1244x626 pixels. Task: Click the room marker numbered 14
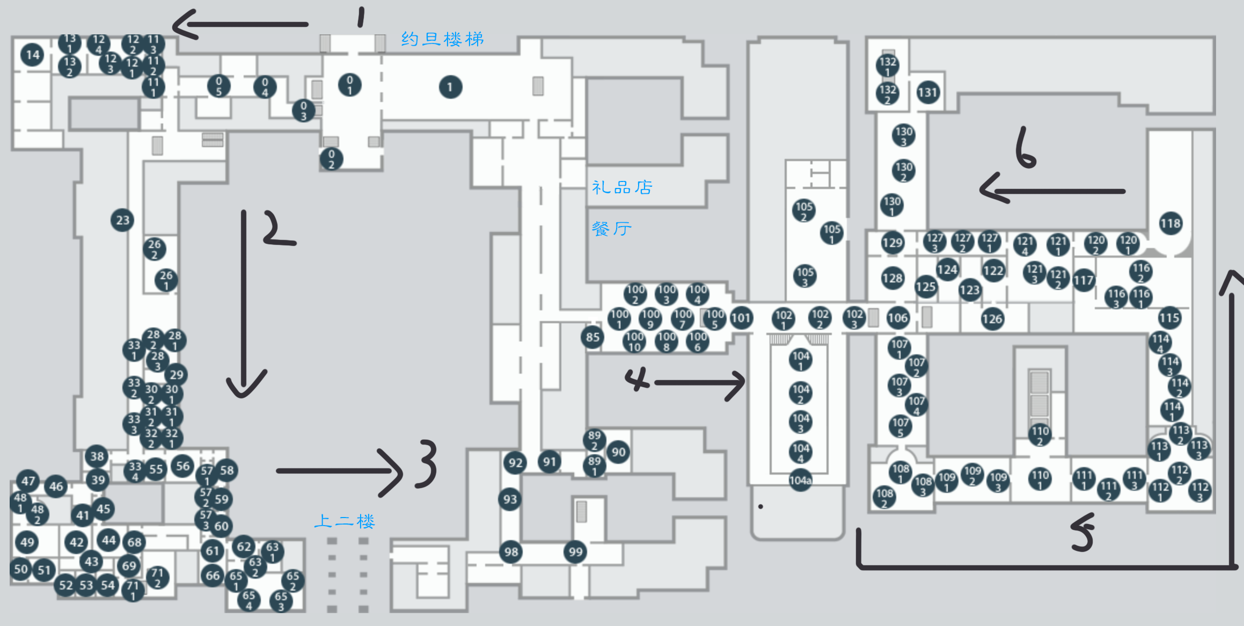click(x=32, y=55)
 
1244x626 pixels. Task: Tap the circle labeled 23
click(x=122, y=220)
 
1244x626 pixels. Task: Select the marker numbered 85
click(x=592, y=337)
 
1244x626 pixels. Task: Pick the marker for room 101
click(x=741, y=318)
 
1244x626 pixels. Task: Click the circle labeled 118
click(x=1170, y=224)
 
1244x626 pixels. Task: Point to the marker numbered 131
click(x=927, y=93)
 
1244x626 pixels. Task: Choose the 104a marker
click(x=800, y=481)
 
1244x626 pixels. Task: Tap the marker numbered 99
click(x=575, y=552)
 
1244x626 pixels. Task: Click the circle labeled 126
click(x=992, y=319)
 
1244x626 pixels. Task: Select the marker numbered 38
click(x=97, y=457)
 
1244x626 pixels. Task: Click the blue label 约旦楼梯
click(x=442, y=39)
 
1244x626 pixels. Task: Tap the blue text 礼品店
click(x=622, y=187)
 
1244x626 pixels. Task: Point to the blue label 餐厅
click(x=611, y=229)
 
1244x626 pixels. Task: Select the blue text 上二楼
click(x=344, y=521)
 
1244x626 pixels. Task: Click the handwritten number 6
click(x=1025, y=148)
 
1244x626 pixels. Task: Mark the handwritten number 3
click(x=427, y=464)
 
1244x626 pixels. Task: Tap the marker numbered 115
click(x=1169, y=318)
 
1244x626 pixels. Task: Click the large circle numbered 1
click(x=450, y=87)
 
